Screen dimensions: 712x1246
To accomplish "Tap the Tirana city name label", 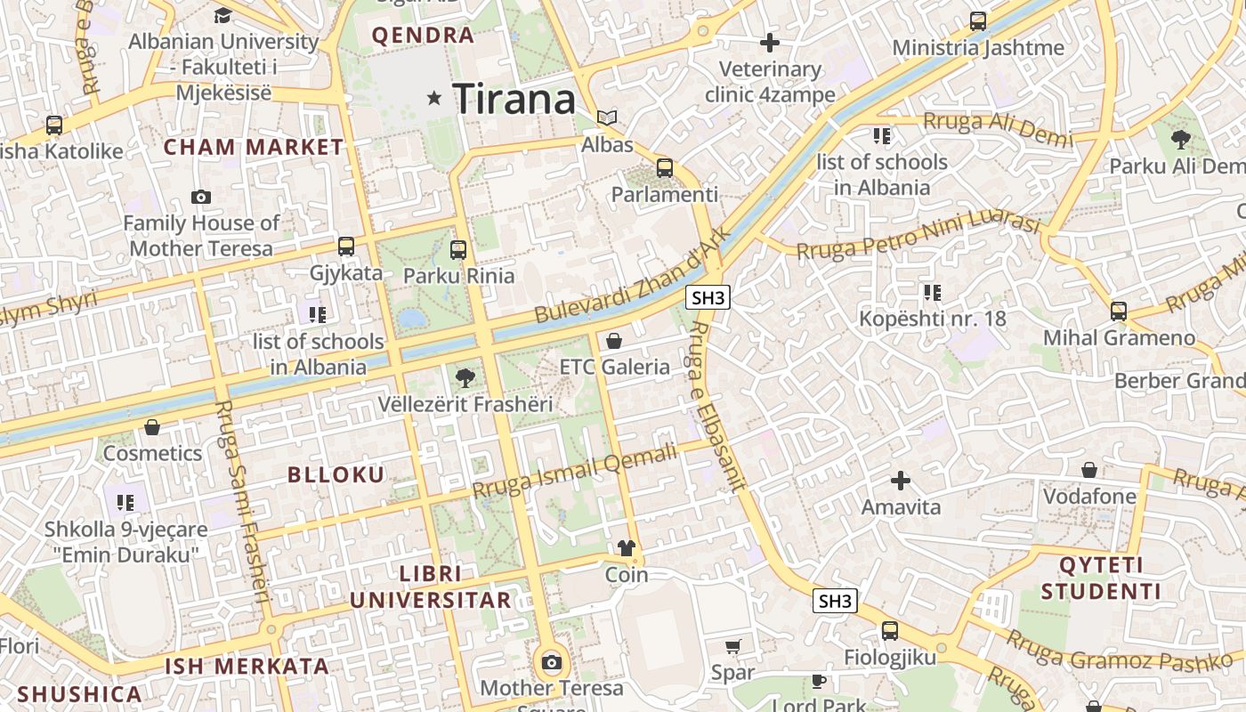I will (x=514, y=98).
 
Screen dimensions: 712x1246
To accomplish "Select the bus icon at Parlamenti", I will (x=664, y=167).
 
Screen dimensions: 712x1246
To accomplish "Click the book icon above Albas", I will (x=607, y=117).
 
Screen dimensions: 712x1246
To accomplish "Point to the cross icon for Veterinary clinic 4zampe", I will (x=770, y=42).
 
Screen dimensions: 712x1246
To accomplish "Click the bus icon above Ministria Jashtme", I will (x=978, y=21).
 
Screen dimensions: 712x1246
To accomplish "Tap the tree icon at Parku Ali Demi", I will (x=1181, y=139).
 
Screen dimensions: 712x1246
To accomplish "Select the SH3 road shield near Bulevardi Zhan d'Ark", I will (x=708, y=297).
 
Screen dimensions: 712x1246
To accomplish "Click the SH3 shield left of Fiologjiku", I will (x=835, y=601).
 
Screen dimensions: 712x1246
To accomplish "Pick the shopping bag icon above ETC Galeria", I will (x=613, y=340).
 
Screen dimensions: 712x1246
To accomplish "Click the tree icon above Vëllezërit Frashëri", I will (x=465, y=377).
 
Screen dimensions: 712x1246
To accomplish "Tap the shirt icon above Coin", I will (x=627, y=548).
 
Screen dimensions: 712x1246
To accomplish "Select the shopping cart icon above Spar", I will (x=732, y=647).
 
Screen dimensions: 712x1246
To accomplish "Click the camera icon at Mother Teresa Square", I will (x=552, y=662).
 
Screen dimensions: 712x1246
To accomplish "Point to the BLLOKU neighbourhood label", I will (x=336, y=474).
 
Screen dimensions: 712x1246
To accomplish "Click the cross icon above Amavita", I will (x=901, y=481).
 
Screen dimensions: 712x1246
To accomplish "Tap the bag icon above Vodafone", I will (x=1089, y=470).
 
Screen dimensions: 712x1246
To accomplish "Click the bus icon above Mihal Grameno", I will (x=1119, y=311).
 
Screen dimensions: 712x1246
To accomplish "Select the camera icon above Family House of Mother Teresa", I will (x=201, y=197).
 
